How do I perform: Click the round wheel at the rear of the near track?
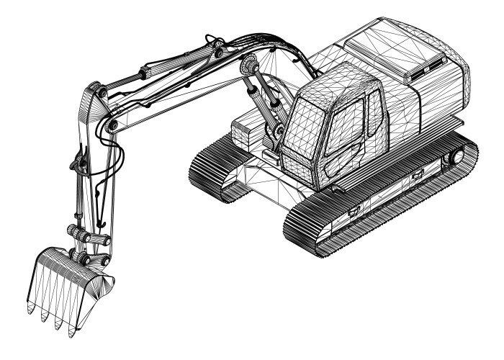(x=454, y=156)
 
